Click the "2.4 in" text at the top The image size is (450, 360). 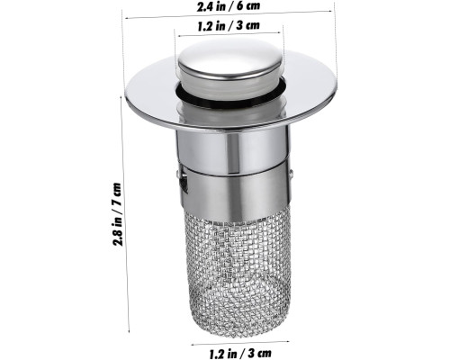(211, 6)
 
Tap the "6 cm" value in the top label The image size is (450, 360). (247, 5)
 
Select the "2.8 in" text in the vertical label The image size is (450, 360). (117, 230)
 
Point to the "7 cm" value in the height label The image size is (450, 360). (117, 194)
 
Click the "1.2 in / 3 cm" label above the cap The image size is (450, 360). (229, 25)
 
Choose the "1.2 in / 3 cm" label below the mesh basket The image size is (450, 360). (240, 353)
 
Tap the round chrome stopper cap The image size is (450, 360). (230, 61)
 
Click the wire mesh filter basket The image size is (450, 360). (238, 270)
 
